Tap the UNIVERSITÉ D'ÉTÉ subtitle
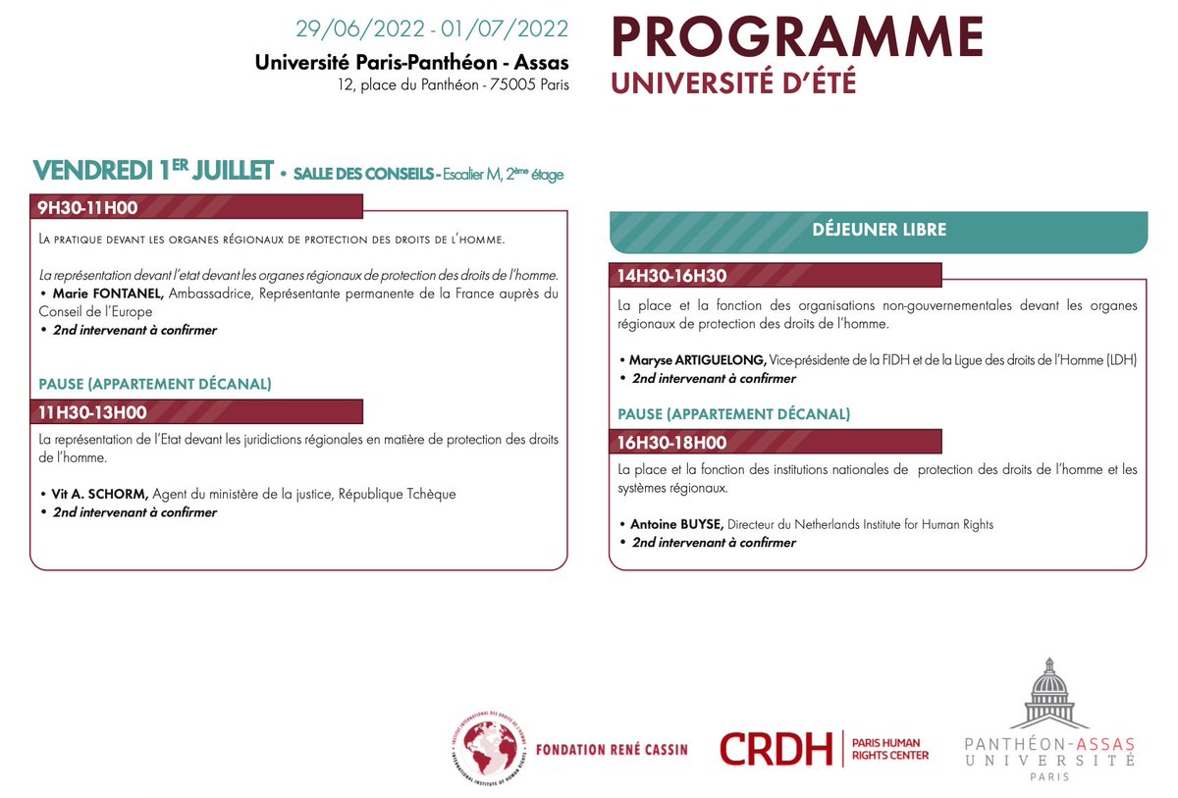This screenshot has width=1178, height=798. coord(733,83)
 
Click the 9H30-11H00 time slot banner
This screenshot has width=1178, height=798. coord(196,207)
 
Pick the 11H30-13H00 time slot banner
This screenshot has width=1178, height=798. coord(196,412)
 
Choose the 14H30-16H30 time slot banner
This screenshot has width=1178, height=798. coord(776,276)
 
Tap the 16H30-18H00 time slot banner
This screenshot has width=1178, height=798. coord(776,443)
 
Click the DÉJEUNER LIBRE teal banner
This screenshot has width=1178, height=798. coord(879,231)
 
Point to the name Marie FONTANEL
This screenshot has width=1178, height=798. coord(109,293)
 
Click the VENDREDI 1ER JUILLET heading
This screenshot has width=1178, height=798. coord(152,171)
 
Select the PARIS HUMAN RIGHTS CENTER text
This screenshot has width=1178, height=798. coord(889,749)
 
